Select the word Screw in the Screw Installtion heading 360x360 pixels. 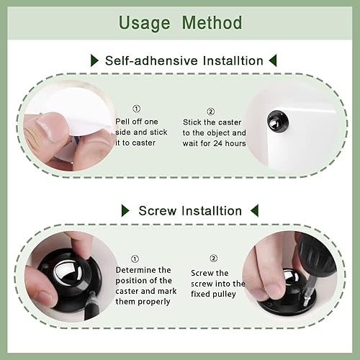[x=158, y=210]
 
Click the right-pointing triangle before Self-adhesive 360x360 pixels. [x=94, y=61]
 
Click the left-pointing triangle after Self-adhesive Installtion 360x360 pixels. [x=272, y=60]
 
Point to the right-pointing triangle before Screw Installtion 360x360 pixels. [x=125, y=210]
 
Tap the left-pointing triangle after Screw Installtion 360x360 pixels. [x=253, y=210]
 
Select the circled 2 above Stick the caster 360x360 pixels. [x=210, y=112]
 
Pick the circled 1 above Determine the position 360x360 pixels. [x=135, y=258]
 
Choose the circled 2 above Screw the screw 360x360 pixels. [x=214, y=258]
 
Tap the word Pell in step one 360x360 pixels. [x=124, y=122]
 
